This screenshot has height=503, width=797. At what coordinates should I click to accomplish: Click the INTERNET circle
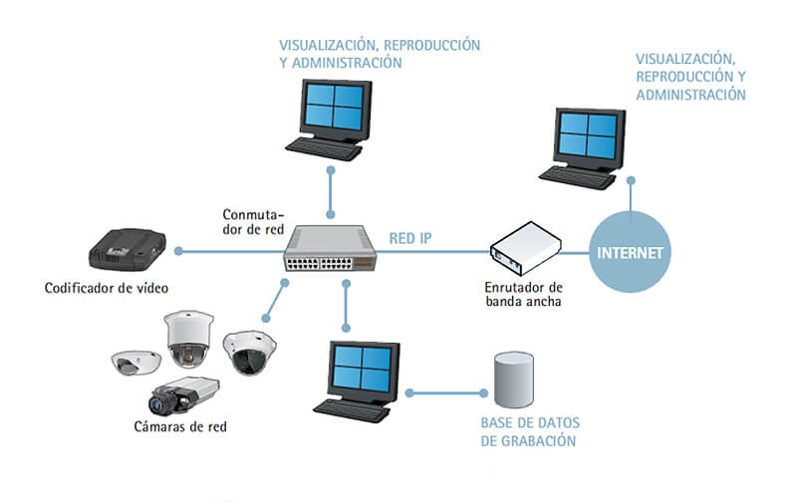629,251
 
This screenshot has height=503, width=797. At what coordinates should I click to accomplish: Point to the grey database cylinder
512,381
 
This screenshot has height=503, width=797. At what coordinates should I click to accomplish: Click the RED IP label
409,238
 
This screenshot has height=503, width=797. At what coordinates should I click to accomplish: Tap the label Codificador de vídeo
107,289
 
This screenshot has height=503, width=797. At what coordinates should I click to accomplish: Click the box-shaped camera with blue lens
183,394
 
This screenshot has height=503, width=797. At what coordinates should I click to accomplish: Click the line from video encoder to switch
228,251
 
